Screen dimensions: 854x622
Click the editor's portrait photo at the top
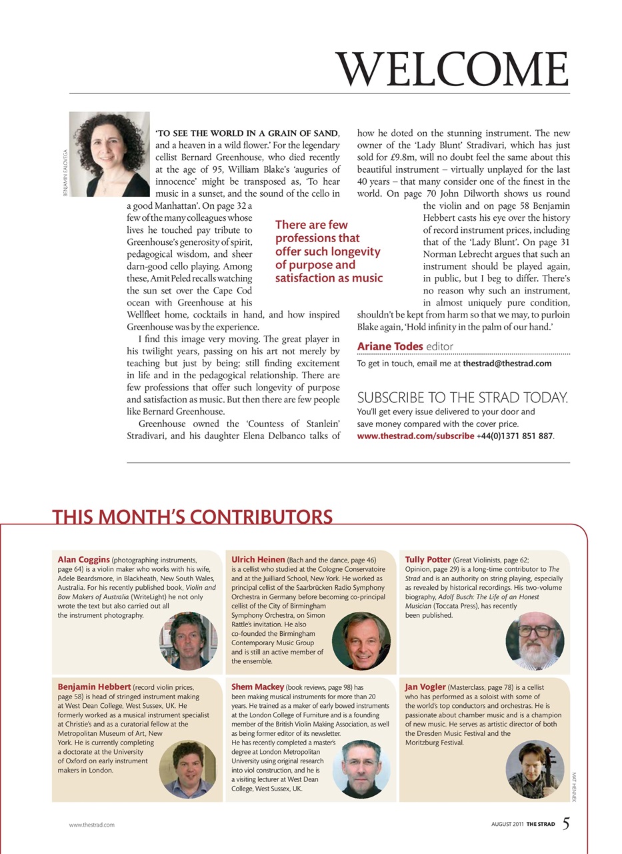click(x=109, y=154)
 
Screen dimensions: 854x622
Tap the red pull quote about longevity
click(x=329, y=252)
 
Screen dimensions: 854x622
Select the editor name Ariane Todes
click(x=390, y=346)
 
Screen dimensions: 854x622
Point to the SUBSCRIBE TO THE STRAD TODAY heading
click(x=463, y=398)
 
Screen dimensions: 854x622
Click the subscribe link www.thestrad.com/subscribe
click(x=416, y=436)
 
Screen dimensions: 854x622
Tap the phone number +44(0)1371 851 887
click(x=515, y=436)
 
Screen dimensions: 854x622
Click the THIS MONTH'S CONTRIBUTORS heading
click(x=192, y=517)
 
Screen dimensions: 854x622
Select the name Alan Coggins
click(x=84, y=559)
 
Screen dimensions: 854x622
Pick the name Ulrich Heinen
click(x=258, y=559)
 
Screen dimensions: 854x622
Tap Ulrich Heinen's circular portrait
click(x=361, y=641)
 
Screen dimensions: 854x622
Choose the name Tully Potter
click(x=428, y=559)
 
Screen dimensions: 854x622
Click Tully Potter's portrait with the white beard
click(x=535, y=641)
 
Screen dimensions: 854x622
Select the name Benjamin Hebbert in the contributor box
click(x=94, y=686)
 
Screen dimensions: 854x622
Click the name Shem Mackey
click(x=257, y=686)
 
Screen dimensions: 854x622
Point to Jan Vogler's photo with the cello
click(x=535, y=769)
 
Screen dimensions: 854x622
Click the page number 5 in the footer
click(x=565, y=824)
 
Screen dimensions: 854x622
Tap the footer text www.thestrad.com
click(x=92, y=825)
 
